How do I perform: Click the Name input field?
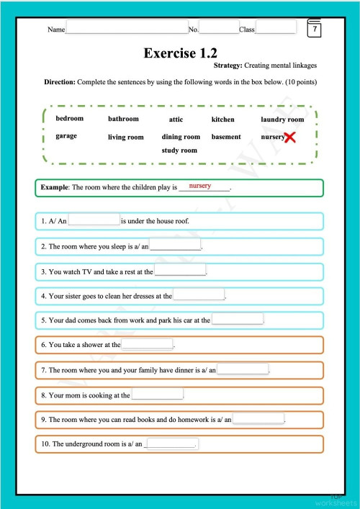[x=126, y=27]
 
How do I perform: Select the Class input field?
[x=276, y=27]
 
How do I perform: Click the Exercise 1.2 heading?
[x=180, y=53]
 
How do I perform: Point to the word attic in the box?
[x=176, y=120]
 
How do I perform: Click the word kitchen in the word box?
[x=222, y=120]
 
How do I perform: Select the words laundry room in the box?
[x=282, y=120]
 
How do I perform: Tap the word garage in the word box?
[x=66, y=136]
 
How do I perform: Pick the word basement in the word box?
[x=226, y=137]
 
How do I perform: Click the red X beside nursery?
[x=290, y=137]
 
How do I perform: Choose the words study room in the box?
[x=179, y=150]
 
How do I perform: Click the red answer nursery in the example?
[x=199, y=186]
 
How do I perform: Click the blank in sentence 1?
[x=94, y=220]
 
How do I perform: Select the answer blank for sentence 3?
[x=180, y=271]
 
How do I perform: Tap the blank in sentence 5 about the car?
[x=238, y=319]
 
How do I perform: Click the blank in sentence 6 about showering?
[x=148, y=344]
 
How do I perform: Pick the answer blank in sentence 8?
[x=157, y=395]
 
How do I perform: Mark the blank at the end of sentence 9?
[x=258, y=418]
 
